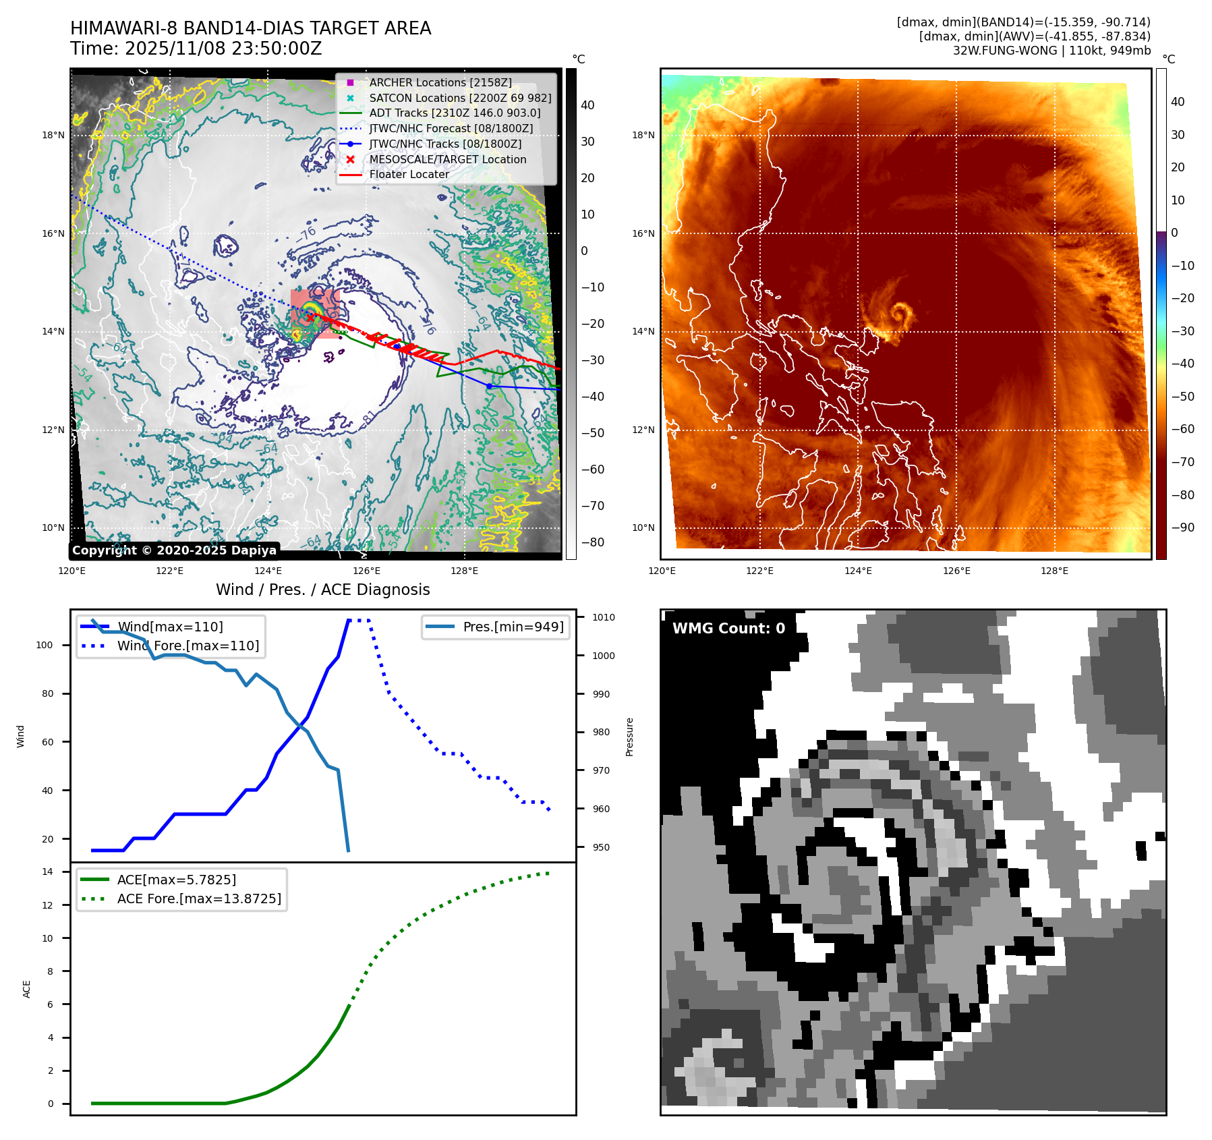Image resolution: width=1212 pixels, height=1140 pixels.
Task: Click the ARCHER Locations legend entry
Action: pyautogui.click(x=440, y=82)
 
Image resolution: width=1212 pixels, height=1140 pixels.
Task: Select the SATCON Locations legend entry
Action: pyautogui.click(x=460, y=98)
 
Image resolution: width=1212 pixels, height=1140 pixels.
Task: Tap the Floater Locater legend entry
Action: pyautogui.click(x=409, y=174)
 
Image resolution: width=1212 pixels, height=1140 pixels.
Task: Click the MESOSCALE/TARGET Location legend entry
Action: pyautogui.click(x=447, y=159)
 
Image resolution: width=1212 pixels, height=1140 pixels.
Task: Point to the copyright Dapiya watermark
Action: pyautogui.click(x=174, y=550)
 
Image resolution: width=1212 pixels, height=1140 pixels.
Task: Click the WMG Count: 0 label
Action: pyautogui.click(x=728, y=629)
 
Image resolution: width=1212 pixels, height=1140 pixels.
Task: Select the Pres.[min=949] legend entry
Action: pyautogui.click(x=513, y=627)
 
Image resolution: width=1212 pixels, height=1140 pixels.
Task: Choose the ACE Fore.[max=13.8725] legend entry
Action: pyautogui.click(x=199, y=899)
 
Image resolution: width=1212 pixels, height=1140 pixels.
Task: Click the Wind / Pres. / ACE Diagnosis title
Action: pyautogui.click(x=322, y=590)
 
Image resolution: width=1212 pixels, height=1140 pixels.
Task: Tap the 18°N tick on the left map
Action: pyautogui.click(x=53, y=135)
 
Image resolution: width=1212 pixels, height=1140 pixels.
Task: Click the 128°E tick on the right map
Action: pyautogui.click(x=1054, y=571)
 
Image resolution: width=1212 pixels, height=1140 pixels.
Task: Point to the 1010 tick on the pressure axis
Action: pyautogui.click(x=604, y=617)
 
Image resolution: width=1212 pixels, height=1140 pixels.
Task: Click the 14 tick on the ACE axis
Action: pyautogui.click(x=47, y=872)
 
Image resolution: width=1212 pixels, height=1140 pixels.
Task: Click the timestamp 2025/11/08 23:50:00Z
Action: pyautogui.click(x=223, y=49)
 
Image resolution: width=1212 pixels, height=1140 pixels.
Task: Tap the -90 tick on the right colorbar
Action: pyautogui.click(x=1182, y=528)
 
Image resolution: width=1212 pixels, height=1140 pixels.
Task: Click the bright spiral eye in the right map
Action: pyautogui.click(x=900, y=313)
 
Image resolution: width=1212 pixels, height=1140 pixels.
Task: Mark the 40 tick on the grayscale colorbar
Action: pyautogui.click(x=587, y=105)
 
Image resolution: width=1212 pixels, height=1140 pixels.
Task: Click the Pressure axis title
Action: pyautogui.click(x=629, y=737)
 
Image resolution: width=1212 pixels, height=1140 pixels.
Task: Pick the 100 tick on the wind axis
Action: pyautogui.click(x=45, y=645)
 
